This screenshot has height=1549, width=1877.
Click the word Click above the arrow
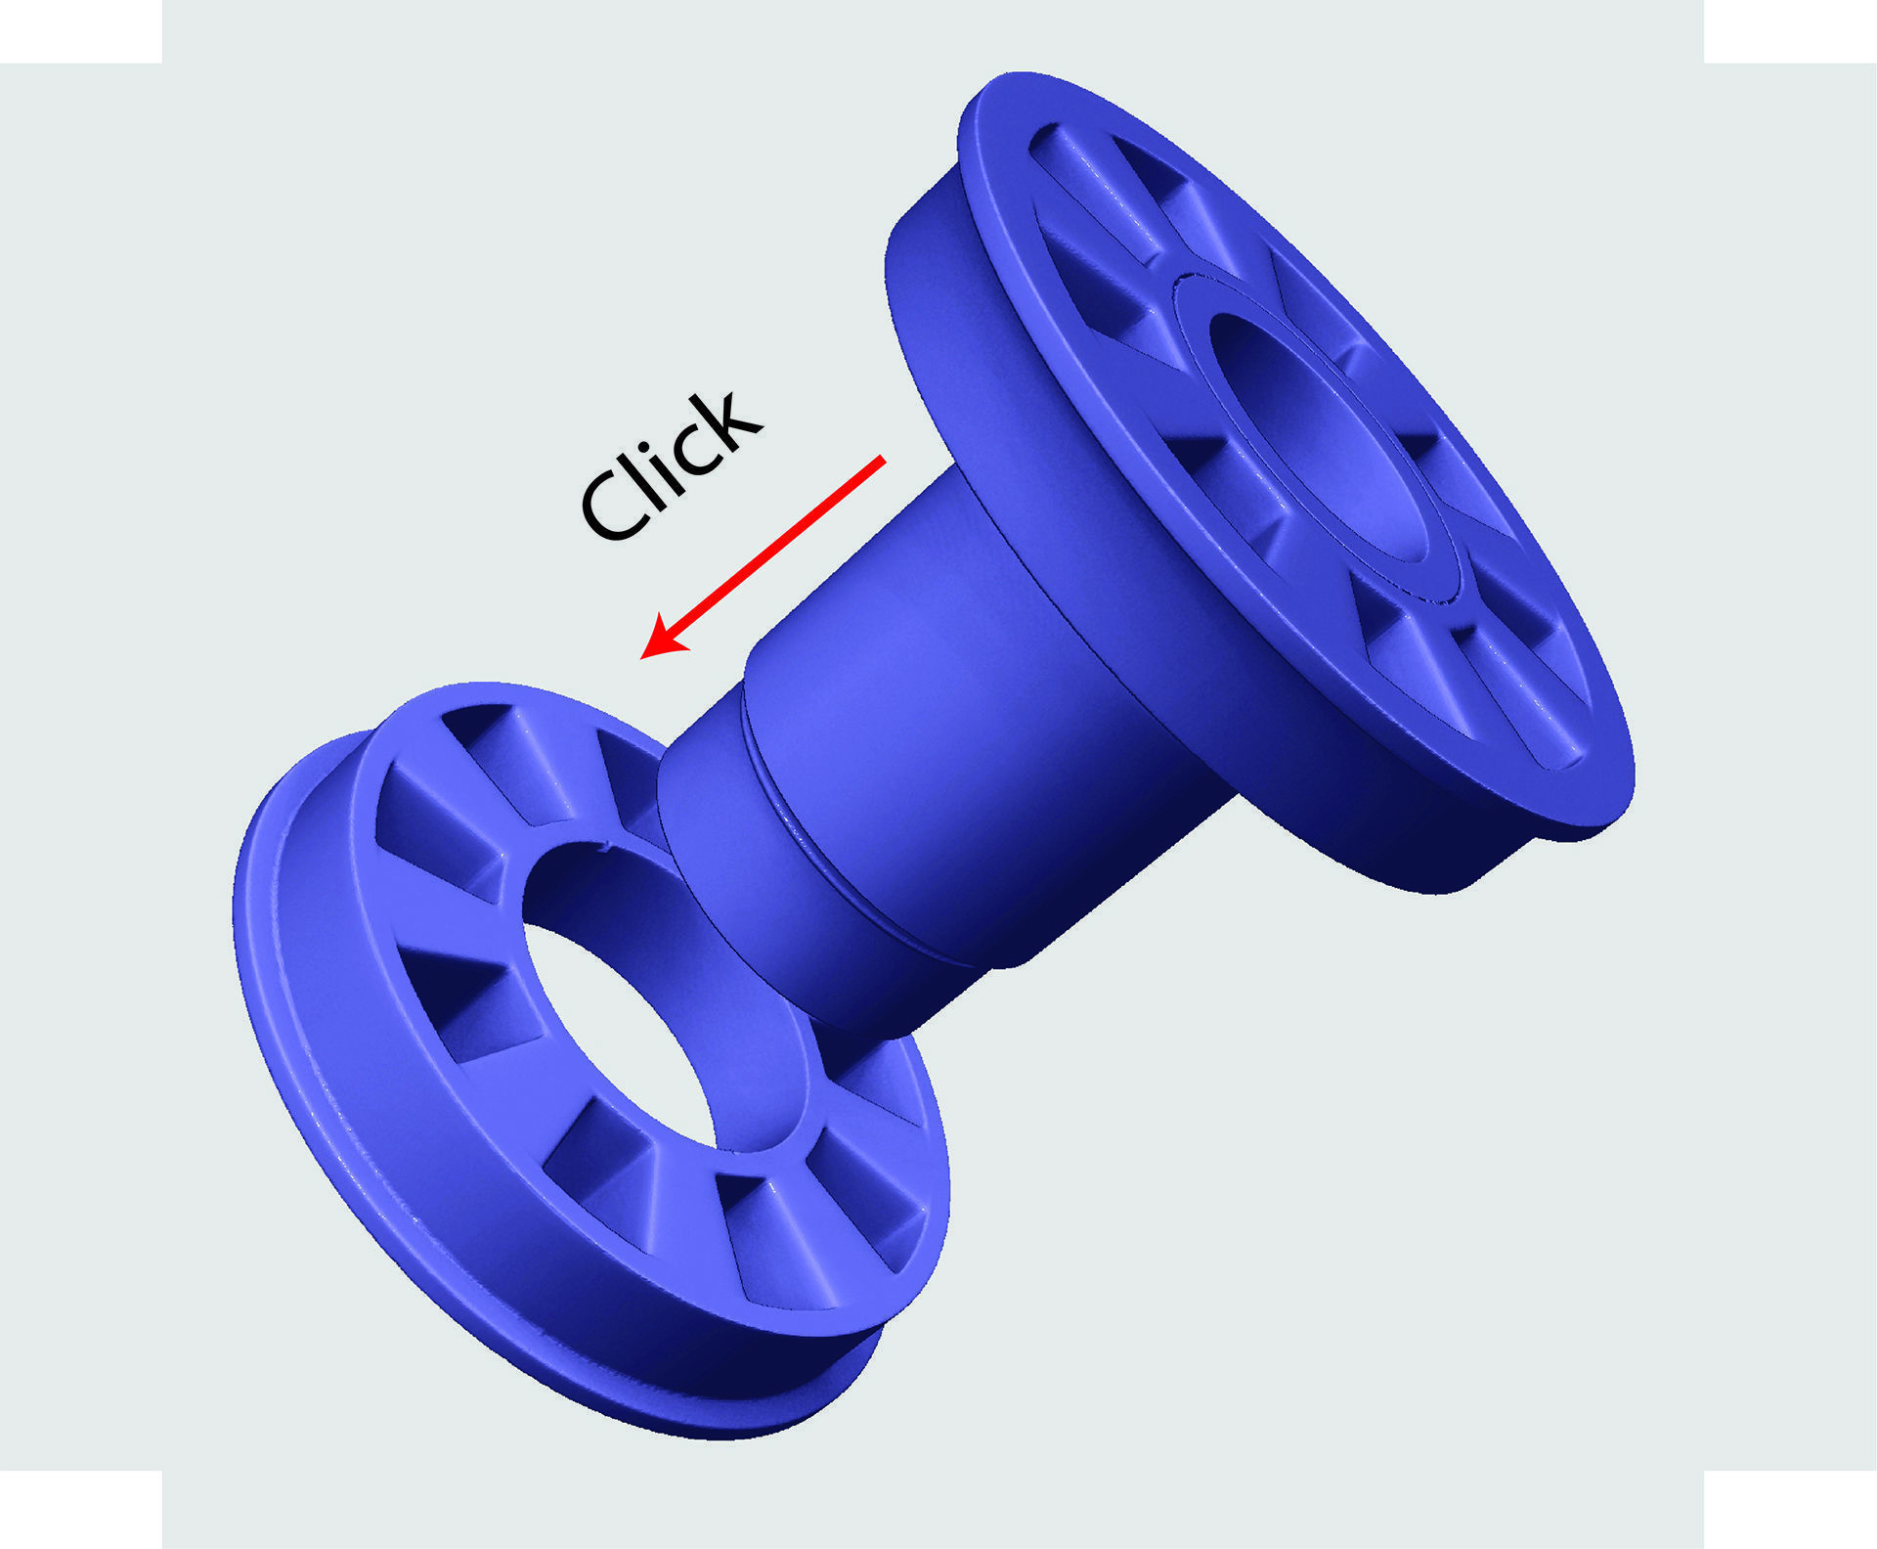point(671,467)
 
